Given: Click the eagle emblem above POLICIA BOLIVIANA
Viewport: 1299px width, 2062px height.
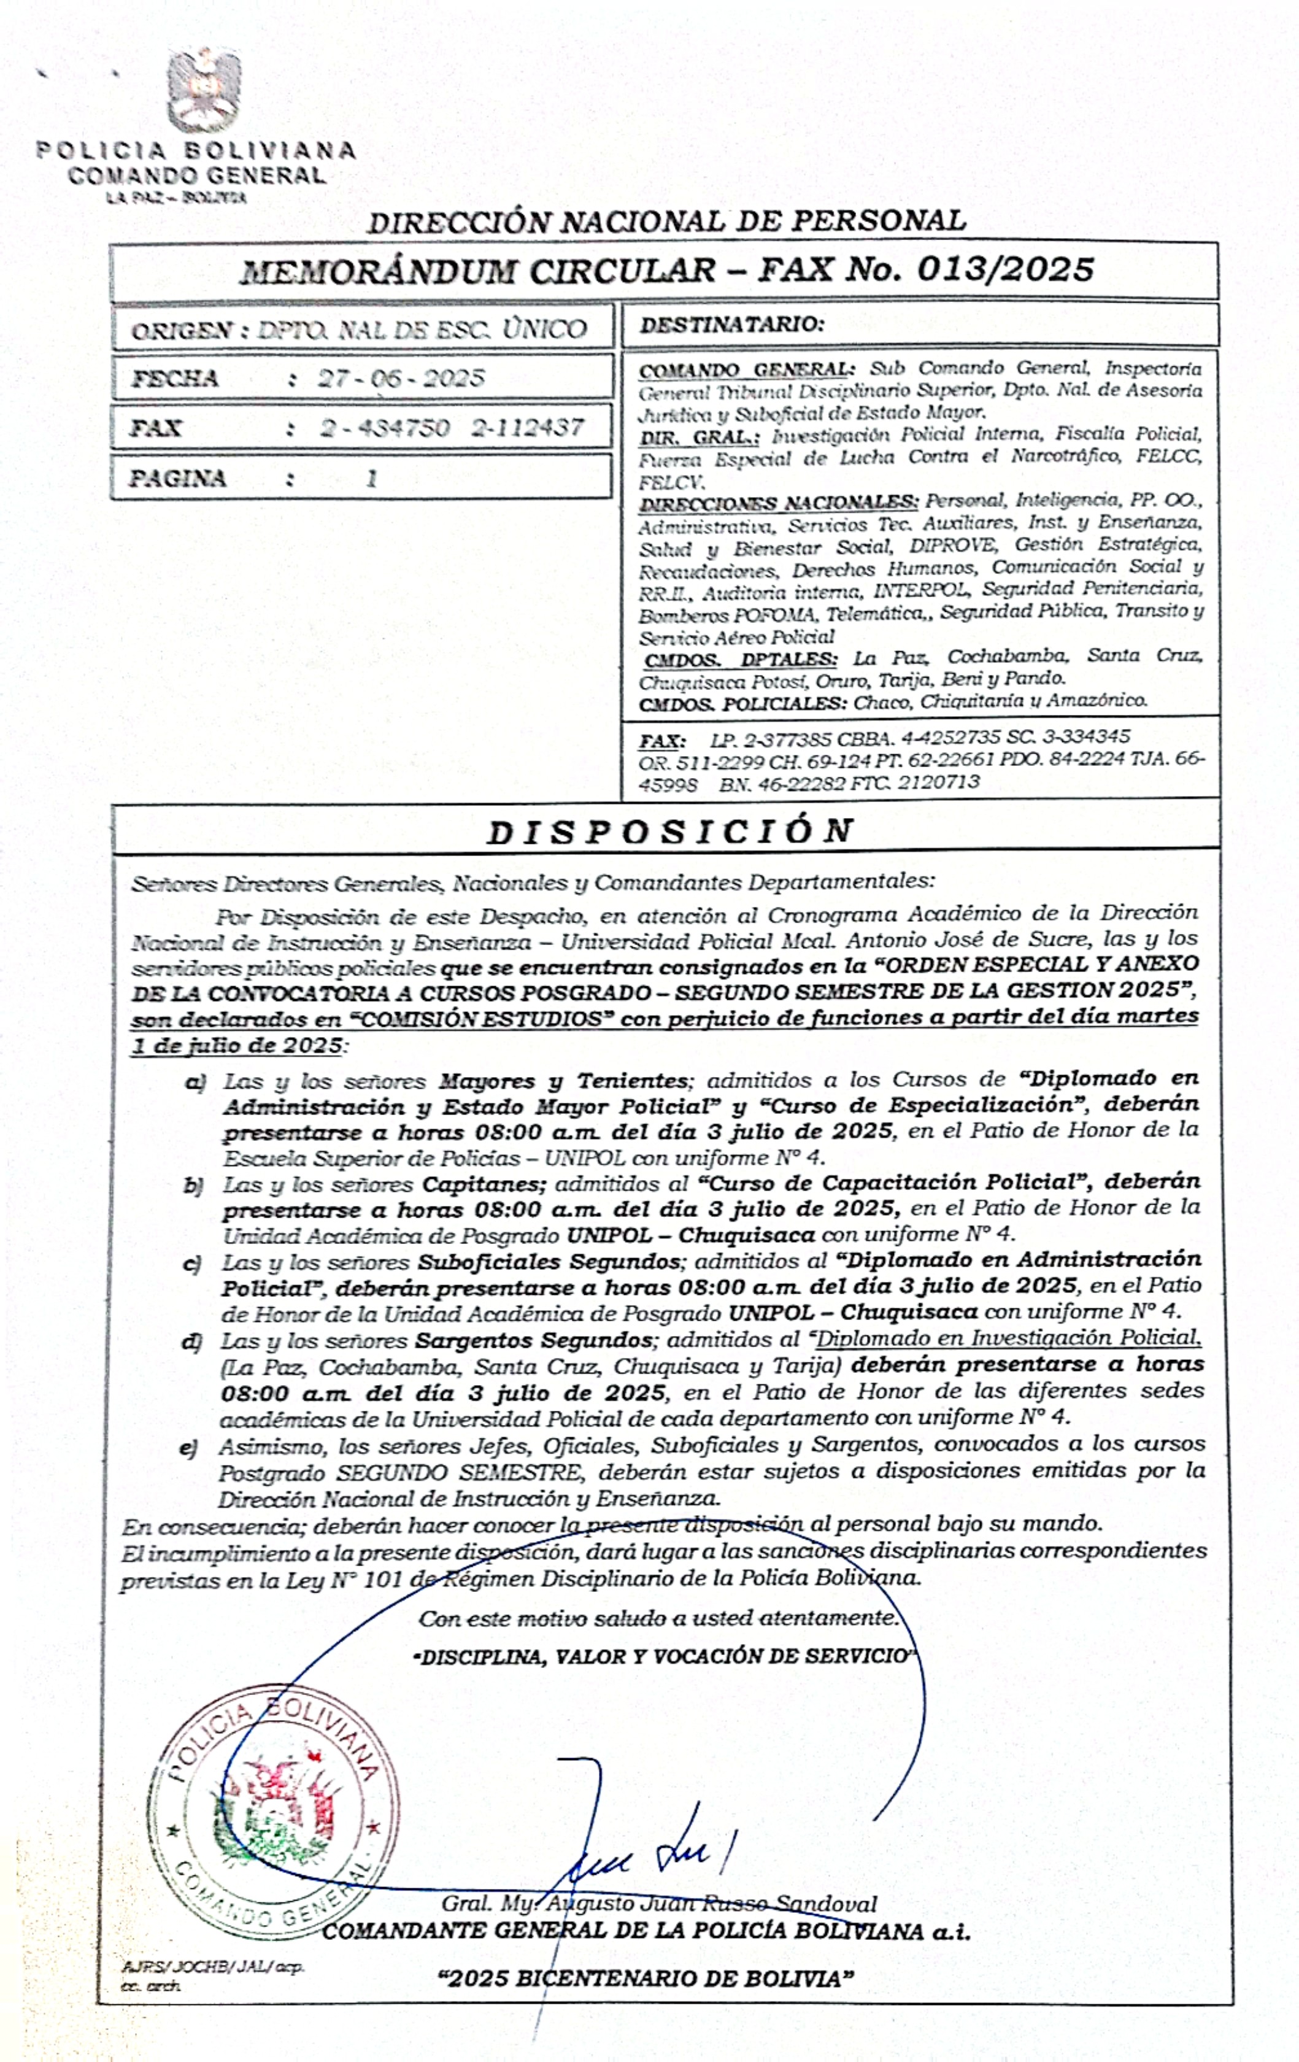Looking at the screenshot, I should coord(204,90).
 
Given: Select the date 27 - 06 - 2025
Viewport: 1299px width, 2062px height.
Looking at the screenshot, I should coord(401,377).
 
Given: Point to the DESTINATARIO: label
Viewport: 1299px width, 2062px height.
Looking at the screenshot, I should coord(732,325).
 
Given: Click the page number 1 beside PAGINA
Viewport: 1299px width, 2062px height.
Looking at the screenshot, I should coord(372,478).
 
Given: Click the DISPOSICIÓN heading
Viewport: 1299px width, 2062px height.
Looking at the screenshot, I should coord(669,830).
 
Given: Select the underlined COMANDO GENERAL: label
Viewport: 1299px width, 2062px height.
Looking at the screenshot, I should coord(746,370).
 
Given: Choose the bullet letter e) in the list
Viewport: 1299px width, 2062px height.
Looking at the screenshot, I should coord(188,1447).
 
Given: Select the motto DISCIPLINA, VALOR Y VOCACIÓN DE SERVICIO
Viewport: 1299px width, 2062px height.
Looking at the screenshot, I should coord(665,1656).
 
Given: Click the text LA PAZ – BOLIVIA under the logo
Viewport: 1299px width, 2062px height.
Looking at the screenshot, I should coord(176,198).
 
